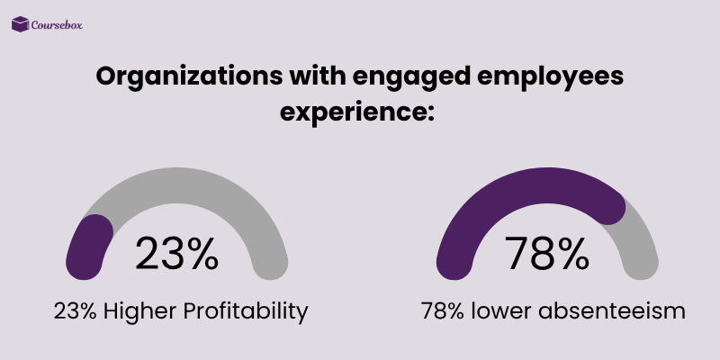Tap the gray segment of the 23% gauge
pos(207,189)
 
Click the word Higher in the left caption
pos(136,311)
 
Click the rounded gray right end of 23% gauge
pos(272,265)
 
